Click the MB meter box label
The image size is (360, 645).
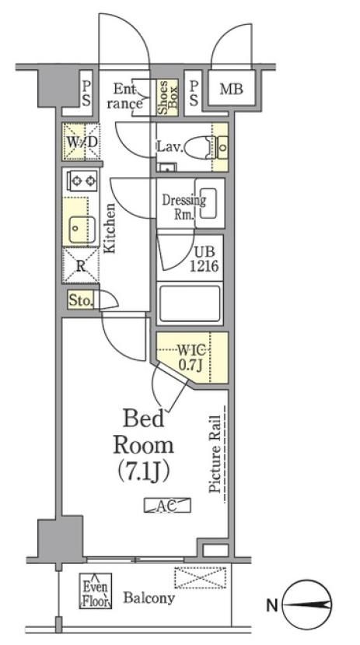pos(231,89)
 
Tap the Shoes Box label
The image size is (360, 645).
pos(168,98)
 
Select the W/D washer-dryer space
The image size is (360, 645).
pos(81,142)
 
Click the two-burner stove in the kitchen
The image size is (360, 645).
pos(82,181)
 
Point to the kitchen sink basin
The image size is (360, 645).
pos(82,230)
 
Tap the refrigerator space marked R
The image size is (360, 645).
pos(81,266)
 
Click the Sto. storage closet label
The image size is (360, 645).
pos(81,301)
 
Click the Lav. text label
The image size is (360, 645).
pos(169,147)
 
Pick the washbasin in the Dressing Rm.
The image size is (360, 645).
pos(210,203)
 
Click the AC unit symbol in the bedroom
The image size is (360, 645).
pos(167,506)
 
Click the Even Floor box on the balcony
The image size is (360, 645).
pos(96,591)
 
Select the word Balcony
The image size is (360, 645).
pos(149,598)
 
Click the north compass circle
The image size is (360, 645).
pos(308,605)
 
